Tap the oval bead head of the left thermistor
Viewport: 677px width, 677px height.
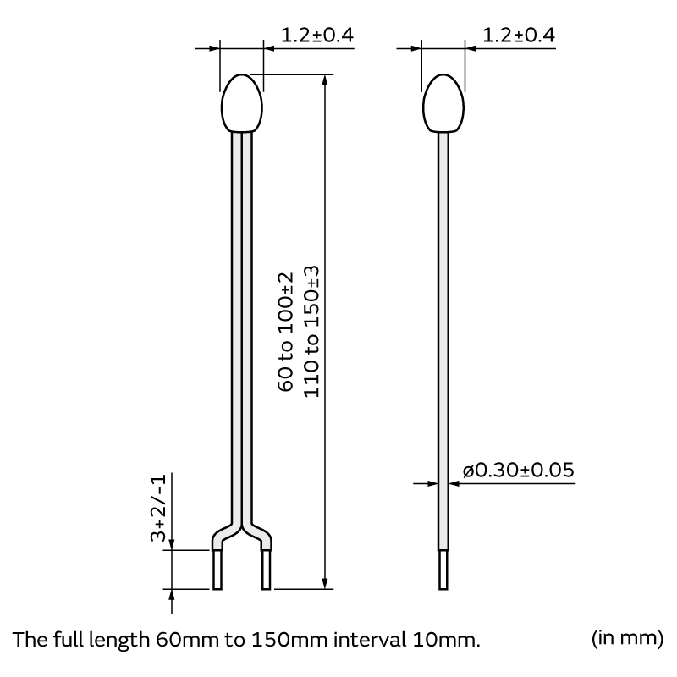(x=242, y=105)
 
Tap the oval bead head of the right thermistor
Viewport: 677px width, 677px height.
(x=443, y=105)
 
